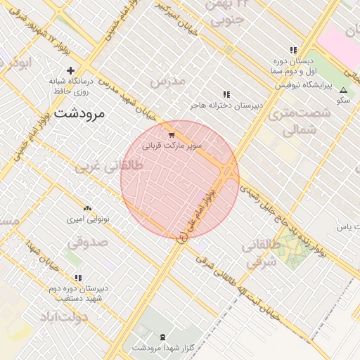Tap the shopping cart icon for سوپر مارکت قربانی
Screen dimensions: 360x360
[x=172, y=134]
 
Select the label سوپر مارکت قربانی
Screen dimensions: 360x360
[x=172, y=147]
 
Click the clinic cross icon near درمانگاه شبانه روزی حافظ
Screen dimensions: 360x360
[x=70, y=70]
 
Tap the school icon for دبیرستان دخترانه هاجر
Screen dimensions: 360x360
[x=226, y=94]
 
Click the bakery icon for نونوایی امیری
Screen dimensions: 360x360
[x=88, y=208]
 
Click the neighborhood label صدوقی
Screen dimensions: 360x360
[x=88, y=243]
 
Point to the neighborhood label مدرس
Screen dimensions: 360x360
[x=167, y=81]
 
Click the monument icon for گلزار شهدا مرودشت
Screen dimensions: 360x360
[x=164, y=337]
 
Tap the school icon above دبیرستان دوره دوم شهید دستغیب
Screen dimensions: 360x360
[x=78, y=278]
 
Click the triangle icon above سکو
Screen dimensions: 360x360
[x=343, y=90]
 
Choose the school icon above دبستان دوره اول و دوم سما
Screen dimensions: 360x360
[x=293, y=51]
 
